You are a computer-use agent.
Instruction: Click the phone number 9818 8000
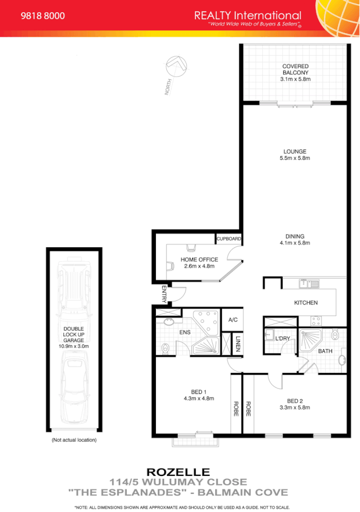click(42, 17)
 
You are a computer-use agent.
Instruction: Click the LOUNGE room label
click(295, 151)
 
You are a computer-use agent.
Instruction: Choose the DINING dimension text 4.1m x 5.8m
click(295, 243)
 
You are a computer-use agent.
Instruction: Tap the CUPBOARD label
click(229, 239)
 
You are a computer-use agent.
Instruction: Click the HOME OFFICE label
click(199, 259)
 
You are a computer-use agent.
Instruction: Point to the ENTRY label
click(165, 294)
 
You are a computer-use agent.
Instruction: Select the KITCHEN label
click(305, 303)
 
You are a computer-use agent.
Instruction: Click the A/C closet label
click(233, 319)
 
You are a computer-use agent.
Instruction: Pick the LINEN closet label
click(238, 344)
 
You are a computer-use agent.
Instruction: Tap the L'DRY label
click(283, 339)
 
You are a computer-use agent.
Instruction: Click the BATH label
click(325, 351)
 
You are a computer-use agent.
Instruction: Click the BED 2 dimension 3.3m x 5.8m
click(295, 407)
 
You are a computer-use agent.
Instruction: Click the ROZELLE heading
click(178, 472)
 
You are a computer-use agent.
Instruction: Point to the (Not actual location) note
click(74, 440)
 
